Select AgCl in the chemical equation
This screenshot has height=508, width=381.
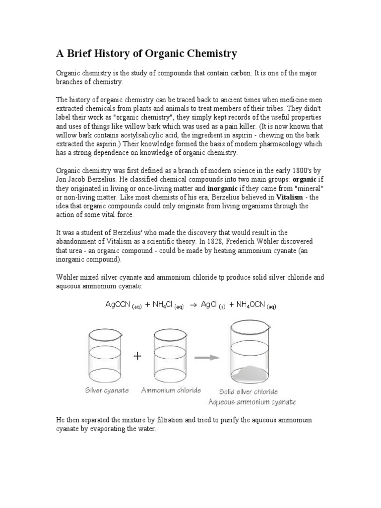pyautogui.click(x=210, y=305)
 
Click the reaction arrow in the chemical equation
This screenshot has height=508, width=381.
pyautogui.click(x=194, y=305)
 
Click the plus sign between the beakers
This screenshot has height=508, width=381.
pyautogui.click(x=137, y=357)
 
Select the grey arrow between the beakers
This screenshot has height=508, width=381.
pyautogui.click(x=207, y=357)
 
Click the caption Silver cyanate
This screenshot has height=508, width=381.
pyautogui.click(x=107, y=390)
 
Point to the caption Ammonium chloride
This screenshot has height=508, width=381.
pyautogui.click(x=171, y=390)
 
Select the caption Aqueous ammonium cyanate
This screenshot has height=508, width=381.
pyautogui.click(x=252, y=401)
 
